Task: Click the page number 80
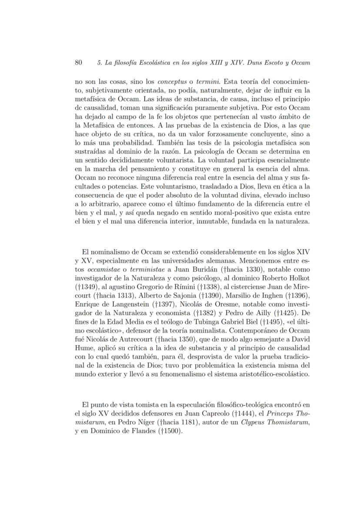coord(79,63)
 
